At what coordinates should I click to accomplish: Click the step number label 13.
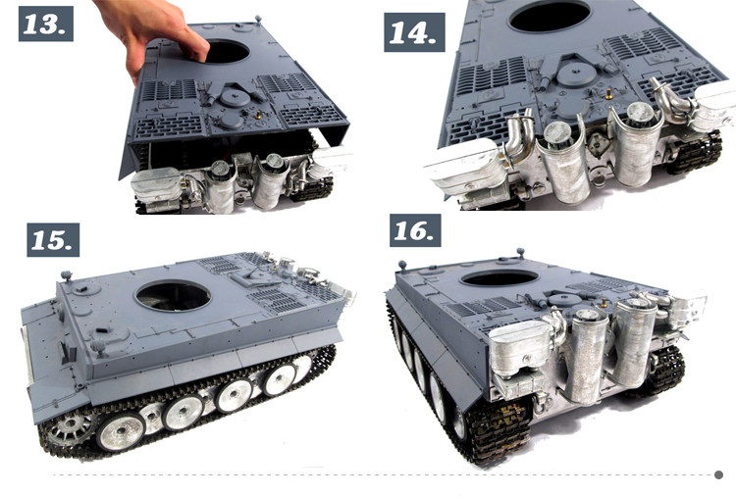(x=46, y=24)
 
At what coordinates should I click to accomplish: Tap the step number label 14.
(x=414, y=32)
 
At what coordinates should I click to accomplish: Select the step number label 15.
(x=53, y=239)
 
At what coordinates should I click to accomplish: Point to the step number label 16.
(x=415, y=230)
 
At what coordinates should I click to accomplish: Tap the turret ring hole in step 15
(x=173, y=296)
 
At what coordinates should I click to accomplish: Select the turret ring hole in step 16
(x=499, y=278)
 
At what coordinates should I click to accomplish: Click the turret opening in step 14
(x=550, y=16)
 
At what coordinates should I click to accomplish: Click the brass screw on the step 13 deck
(x=258, y=114)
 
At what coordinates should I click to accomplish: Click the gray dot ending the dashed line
(x=718, y=475)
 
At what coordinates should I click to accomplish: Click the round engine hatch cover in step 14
(x=576, y=75)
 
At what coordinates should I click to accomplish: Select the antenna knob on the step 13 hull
(x=258, y=20)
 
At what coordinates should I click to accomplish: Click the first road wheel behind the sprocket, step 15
(x=121, y=432)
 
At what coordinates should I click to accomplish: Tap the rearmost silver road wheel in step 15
(x=301, y=363)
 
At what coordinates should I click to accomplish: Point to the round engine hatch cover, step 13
(x=236, y=98)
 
